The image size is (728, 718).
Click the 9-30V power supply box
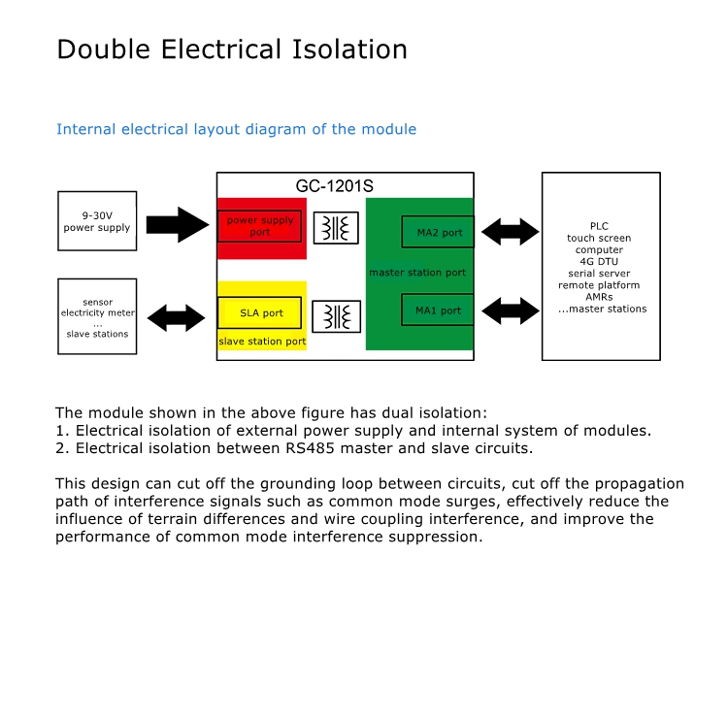pos(97,221)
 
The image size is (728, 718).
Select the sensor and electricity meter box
pos(97,316)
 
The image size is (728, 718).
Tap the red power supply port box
pos(259,226)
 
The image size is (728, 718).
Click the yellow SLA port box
pos(259,312)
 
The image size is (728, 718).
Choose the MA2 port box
pos(438,232)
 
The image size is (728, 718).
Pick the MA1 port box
pos(438,310)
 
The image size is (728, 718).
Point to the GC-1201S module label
pos(334,186)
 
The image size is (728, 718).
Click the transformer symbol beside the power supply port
pos(336,228)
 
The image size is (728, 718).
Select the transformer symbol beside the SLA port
pos(337,316)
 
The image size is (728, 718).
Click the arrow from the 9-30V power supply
pos(178,225)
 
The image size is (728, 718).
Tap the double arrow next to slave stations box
pos(177,318)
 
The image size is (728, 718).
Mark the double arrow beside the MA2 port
pos(511,232)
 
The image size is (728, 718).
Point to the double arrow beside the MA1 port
pos(511,310)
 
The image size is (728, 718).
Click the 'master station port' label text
pos(417,273)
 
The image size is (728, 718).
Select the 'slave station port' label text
pos(262,342)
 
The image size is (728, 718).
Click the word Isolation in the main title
pos(349,49)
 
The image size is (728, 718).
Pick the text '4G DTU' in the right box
pos(599,261)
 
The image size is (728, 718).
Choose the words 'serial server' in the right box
pos(599,274)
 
